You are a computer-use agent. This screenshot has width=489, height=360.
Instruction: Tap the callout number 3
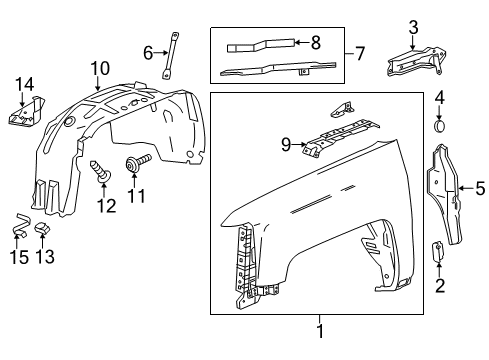[413, 26]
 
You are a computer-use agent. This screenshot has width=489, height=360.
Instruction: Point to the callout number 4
[440, 97]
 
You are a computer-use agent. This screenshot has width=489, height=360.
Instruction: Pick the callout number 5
[479, 186]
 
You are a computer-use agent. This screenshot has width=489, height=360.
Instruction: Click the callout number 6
[148, 53]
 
